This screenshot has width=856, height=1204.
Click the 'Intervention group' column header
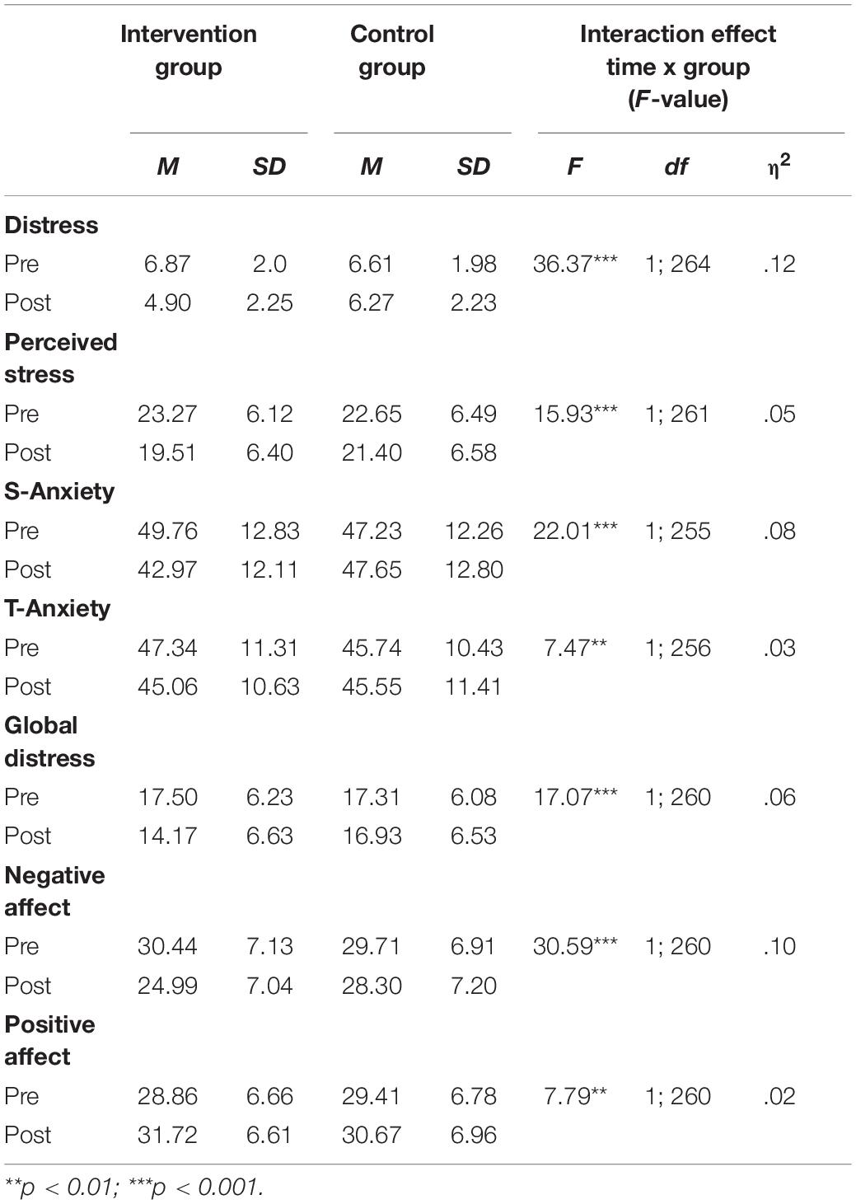point(189,50)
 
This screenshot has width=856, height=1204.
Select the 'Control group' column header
point(391,50)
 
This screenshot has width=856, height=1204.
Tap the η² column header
point(779,165)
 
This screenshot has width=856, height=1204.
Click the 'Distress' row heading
point(51,225)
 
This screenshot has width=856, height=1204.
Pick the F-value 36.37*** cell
point(575,264)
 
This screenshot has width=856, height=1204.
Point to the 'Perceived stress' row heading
point(61,358)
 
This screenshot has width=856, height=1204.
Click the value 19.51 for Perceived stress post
point(167,452)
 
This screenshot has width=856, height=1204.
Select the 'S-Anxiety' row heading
point(59,491)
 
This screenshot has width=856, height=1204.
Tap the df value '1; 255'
point(677,531)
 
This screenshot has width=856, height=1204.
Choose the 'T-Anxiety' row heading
point(58,608)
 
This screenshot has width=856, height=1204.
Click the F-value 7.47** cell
point(575,648)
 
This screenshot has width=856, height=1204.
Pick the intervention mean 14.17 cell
point(167,836)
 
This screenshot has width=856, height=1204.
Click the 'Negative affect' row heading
point(54,891)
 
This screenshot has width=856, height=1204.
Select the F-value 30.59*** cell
point(575,946)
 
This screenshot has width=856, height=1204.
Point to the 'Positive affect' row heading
point(49,1040)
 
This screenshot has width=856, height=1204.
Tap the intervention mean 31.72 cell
point(167,1135)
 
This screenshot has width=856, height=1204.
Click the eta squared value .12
point(779,264)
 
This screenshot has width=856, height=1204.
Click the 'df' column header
point(676,166)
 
